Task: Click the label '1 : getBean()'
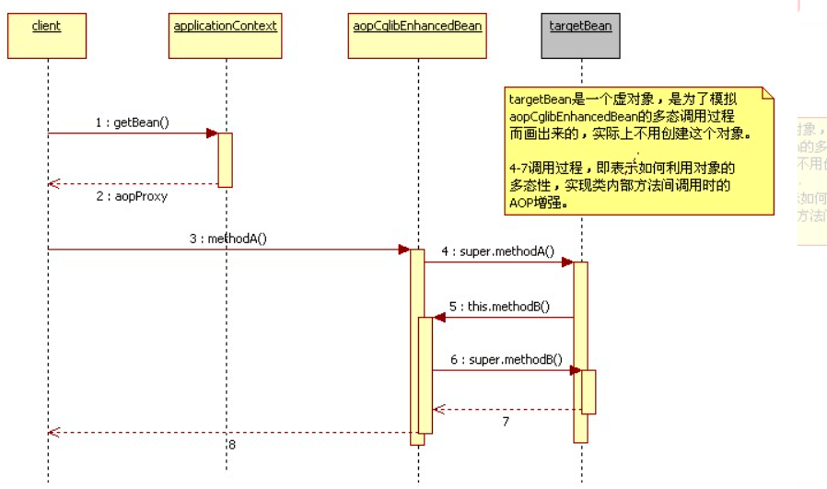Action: [132, 122]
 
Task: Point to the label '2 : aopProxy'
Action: [131, 196]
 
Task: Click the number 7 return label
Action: [505, 421]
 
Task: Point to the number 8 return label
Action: [232, 444]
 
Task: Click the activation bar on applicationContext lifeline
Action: [225, 159]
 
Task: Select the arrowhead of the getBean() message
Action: [212, 134]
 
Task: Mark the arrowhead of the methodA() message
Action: [403, 250]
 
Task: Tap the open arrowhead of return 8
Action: [53, 432]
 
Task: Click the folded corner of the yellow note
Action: [766, 94]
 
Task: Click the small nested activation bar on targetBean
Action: [588, 391]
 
